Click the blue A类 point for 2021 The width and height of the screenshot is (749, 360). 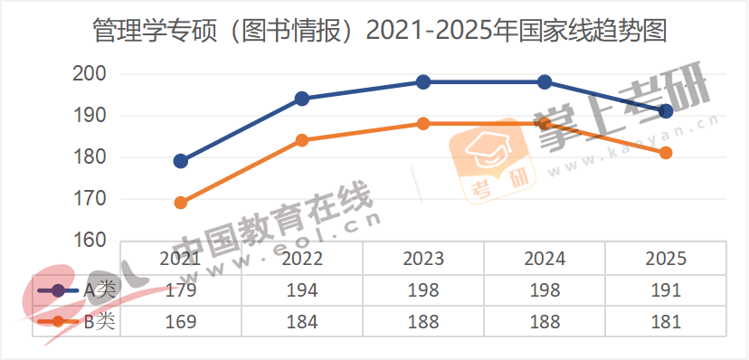click(181, 161)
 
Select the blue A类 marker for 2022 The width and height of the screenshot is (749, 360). click(302, 99)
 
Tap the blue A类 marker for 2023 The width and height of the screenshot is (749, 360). click(423, 82)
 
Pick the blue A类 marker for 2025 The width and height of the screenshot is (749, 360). click(666, 111)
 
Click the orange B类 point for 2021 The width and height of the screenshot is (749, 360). click(181, 203)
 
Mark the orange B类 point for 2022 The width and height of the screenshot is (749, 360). click(302, 140)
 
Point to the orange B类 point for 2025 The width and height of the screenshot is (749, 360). click(666, 153)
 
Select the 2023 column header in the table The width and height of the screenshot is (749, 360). click(423, 259)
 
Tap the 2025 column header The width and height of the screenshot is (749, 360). click(666, 259)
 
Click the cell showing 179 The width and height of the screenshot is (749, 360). click(181, 290)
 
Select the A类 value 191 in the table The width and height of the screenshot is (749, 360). click(666, 290)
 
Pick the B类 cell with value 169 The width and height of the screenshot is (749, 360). click(181, 321)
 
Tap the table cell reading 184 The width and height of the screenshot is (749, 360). click(302, 321)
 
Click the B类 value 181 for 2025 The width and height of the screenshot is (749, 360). click(666, 321)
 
